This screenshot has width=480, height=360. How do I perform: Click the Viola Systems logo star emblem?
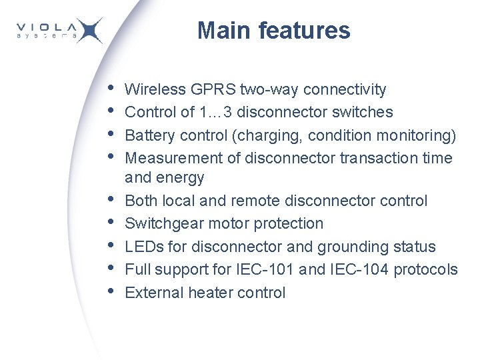89,31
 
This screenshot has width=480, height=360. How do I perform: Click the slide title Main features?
273,31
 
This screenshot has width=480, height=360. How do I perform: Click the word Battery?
144,135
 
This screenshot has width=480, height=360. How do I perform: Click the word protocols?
426,269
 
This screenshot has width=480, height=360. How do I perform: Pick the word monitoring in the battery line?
417,135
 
